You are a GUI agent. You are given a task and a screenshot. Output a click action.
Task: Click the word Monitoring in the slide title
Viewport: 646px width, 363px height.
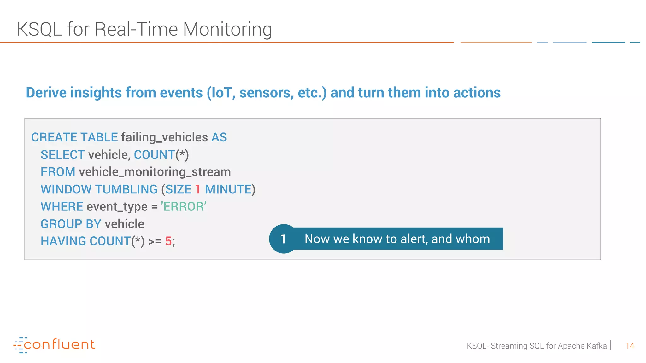pyautogui.click(x=227, y=29)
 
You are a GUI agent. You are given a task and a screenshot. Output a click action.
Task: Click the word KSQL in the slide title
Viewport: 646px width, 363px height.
pyautogui.click(x=39, y=29)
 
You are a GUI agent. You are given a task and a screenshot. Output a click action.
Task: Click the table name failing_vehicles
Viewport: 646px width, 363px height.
pyautogui.click(x=164, y=137)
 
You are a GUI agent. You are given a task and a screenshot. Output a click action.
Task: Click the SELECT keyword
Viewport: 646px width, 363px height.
pyautogui.click(x=62, y=155)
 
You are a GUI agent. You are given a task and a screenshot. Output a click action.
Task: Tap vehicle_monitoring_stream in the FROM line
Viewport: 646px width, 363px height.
pyautogui.click(x=155, y=172)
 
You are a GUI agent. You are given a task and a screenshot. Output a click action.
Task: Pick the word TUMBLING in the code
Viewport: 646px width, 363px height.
pyautogui.click(x=126, y=189)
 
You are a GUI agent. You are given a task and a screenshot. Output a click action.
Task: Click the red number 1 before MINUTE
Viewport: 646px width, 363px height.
pyautogui.click(x=198, y=189)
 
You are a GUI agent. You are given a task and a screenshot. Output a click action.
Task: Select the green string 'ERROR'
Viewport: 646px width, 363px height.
pyautogui.click(x=184, y=207)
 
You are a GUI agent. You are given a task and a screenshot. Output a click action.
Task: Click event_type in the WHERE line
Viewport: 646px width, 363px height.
pyautogui.click(x=117, y=207)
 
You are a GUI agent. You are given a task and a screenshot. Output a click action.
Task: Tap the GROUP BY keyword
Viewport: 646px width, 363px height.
pyautogui.click(x=71, y=224)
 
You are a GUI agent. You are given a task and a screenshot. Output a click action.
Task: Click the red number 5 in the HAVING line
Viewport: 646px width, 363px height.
pyautogui.click(x=168, y=241)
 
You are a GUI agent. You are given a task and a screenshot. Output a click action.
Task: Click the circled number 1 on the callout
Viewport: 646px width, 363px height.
pyautogui.click(x=283, y=239)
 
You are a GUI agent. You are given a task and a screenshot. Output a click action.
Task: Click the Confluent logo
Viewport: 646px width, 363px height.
pyautogui.click(x=54, y=345)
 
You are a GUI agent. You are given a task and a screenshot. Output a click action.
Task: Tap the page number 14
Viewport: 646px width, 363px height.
pyautogui.click(x=630, y=346)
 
